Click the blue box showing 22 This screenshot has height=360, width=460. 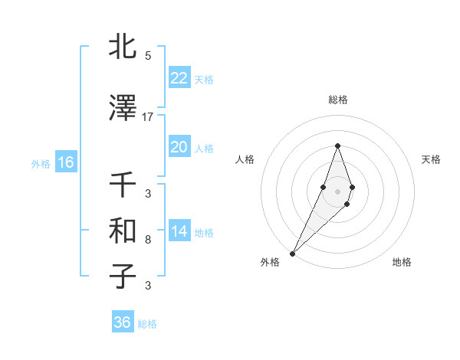[179, 78]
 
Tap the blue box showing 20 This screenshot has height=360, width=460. [179, 147]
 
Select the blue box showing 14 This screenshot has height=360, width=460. [179, 231]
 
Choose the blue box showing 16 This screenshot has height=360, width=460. [65, 162]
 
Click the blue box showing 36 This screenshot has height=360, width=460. [122, 322]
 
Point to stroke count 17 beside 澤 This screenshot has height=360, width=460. [148, 116]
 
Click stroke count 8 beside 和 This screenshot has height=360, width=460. [148, 239]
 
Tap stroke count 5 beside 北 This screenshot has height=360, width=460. [148, 55]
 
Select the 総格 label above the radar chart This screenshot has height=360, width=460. [337, 100]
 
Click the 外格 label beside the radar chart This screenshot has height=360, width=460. [269, 262]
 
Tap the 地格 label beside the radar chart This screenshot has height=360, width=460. [402, 262]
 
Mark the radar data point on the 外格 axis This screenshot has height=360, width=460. [292, 253]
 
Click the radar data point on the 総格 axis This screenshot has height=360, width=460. [337, 146]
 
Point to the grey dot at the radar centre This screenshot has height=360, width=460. [337, 191]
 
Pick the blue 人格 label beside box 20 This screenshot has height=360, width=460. [204, 148]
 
